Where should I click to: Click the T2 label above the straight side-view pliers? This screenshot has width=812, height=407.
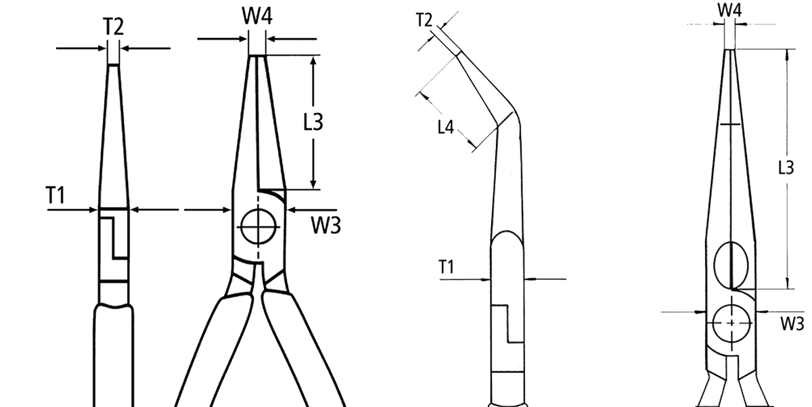[113, 26]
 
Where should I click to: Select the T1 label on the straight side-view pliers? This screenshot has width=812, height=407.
[55, 195]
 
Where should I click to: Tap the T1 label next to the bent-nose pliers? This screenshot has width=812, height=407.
[447, 267]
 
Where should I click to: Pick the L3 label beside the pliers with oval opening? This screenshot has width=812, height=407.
[786, 169]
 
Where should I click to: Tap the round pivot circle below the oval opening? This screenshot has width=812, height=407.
[732, 324]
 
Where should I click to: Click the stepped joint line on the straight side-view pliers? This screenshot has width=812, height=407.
[114, 237]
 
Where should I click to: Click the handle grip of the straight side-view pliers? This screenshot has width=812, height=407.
[113, 358]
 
